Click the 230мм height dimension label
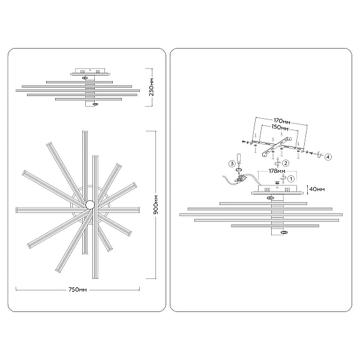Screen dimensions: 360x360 pos(152,87)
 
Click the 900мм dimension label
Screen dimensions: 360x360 pos(156,205)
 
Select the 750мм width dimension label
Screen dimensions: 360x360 pos(78,290)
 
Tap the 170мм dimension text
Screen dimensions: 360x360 pos(282,121)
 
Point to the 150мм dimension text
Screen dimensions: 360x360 pos(280,127)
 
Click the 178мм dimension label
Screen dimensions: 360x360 pos(277,171)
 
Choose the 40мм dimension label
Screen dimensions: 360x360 pos(317,189)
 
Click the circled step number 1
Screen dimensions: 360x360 pos(291,179)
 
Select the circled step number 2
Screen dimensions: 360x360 pos(286,163)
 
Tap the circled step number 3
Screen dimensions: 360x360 pos(232,164)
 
